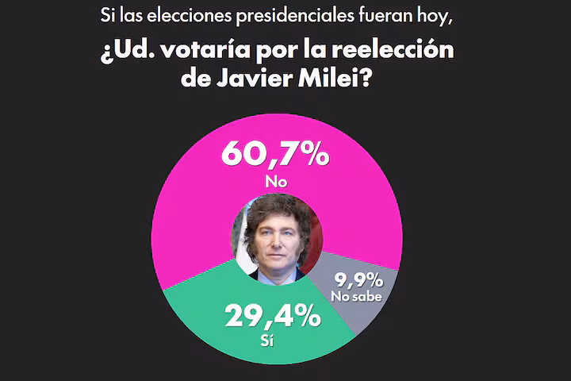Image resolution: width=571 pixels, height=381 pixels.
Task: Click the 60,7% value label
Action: coord(275,154)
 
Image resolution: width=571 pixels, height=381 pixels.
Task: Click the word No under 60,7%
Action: coord(275,181)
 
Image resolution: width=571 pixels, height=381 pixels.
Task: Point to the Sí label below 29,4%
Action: coord(271,342)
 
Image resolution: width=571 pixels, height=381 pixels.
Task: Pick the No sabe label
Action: coord(358,296)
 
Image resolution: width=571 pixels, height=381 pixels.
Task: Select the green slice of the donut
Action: coord(214,325)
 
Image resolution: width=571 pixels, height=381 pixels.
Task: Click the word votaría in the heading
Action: coord(198,52)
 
